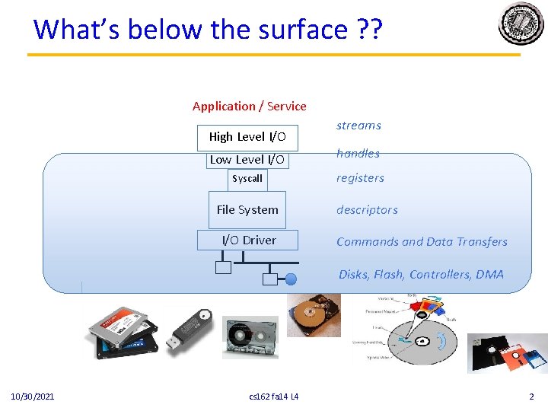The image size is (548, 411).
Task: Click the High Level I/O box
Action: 247,137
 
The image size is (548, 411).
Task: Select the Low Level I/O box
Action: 247,159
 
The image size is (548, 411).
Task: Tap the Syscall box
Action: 247,179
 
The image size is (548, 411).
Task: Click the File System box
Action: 247,210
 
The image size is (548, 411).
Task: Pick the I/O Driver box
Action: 249,241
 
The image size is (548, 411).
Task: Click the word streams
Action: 358,126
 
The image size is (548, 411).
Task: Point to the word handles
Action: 358,154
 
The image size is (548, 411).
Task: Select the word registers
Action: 360,178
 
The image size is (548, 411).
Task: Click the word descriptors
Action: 367,210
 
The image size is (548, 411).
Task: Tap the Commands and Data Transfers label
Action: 422,242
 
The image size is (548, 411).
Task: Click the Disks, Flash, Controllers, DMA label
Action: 421,275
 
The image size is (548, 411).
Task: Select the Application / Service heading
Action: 249,107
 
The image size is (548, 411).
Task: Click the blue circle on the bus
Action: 291,279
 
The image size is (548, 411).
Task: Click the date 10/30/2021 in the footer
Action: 32,397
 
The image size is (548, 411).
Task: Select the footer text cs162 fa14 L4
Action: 274,397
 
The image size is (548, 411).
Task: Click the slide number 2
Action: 531,397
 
